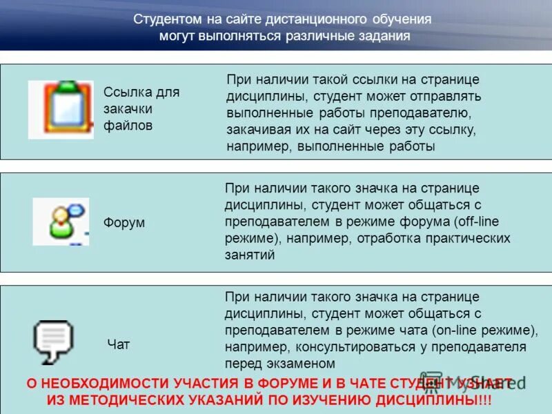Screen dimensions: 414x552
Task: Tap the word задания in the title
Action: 385,36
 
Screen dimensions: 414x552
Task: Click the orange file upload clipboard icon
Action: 60,110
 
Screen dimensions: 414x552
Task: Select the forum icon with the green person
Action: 60,221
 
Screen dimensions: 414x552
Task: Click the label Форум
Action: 124,223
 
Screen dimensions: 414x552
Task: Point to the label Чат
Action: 118,344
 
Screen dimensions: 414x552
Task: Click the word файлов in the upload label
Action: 128,126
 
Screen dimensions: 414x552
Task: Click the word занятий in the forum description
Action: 250,255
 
